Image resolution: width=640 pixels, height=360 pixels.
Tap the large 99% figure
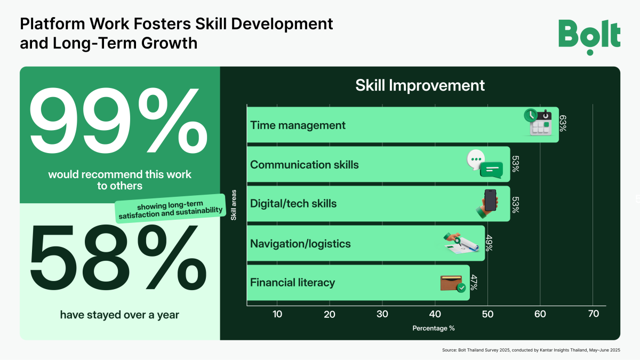tap(118, 121)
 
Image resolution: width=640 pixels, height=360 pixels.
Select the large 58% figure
tap(118, 258)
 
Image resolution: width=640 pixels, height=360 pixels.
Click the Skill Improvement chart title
tap(420, 85)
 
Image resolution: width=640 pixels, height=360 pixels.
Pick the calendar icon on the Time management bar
tap(538, 122)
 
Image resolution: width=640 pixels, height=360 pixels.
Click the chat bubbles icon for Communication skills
tap(485, 164)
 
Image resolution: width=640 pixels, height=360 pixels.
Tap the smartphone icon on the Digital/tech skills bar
tap(487, 204)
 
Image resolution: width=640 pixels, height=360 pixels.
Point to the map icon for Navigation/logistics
tap(461, 243)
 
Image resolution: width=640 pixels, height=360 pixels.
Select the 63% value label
tap(563, 123)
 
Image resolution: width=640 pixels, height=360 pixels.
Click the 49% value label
tap(489, 243)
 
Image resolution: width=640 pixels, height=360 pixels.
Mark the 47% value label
tap(474, 282)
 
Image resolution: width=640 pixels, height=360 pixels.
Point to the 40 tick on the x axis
tap(435, 314)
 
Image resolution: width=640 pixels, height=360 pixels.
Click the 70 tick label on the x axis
tap(594, 314)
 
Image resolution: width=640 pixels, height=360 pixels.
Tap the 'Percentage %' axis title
tap(434, 329)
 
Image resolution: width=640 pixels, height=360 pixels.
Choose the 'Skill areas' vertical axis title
tap(234, 205)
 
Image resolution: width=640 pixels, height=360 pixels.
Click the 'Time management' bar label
tap(298, 125)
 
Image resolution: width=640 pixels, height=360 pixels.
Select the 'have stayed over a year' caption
tap(119, 315)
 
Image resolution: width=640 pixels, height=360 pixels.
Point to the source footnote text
tap(531, 350)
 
